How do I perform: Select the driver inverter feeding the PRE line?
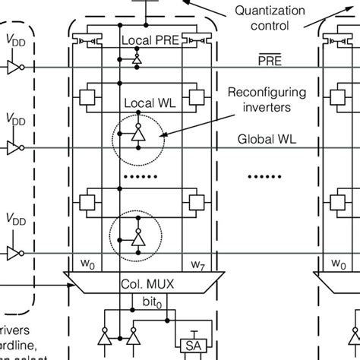[13, 68]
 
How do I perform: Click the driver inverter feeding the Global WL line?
[13, 147]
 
